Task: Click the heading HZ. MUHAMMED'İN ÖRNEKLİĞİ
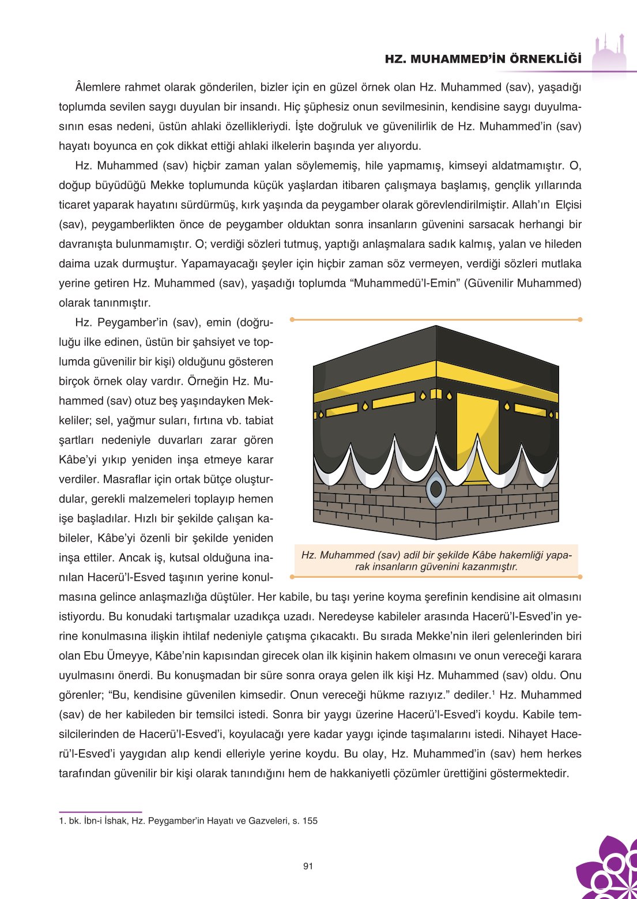[483, 59]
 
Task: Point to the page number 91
[308, 866]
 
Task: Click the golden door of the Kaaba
[477, 438]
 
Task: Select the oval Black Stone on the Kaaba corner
[436, 488]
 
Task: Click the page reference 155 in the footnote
[310, 821]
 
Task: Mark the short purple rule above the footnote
[100, 812]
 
